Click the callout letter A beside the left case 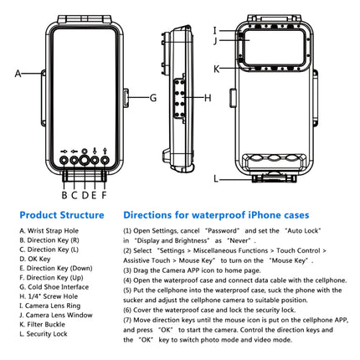[18, 74]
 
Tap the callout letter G [153, 97]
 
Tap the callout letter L [216, 177]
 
